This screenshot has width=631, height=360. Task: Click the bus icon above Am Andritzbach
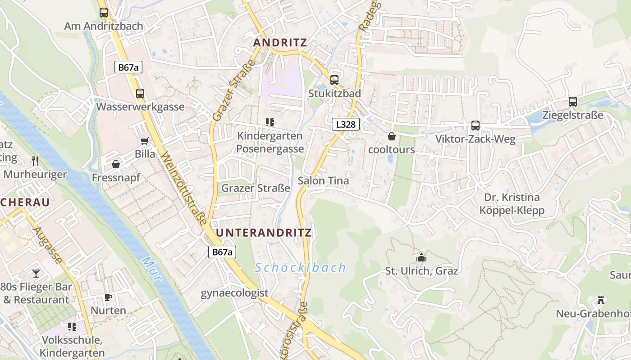tap(104, 13)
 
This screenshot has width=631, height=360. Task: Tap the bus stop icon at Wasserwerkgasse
tap(140, 94)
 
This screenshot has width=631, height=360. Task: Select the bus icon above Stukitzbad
tap(334, 80)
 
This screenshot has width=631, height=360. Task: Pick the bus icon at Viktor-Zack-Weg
tap(475, 126)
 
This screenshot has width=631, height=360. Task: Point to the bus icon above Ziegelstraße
tap(573, 102)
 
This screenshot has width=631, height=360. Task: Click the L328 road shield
tap(346, 124)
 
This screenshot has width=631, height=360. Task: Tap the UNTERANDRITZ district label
tap(264, 233)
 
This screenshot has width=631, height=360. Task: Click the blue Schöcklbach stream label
tap(300, 268)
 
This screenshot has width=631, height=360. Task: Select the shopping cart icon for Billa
tap(145, 141)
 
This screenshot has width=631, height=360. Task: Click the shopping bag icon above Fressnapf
tap(116, 164)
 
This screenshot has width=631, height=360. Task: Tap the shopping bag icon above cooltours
tap(392, 136)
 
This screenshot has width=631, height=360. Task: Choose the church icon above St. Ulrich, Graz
tap(421, 257)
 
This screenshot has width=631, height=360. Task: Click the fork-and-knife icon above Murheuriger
tap(35, 161)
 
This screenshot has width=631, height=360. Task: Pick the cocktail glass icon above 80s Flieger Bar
tap(36, 273)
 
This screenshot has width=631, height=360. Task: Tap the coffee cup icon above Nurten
tap(108, 297)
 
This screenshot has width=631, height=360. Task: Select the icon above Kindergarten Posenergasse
tap(270, 122)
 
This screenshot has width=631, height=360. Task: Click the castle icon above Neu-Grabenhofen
tap(600, 300)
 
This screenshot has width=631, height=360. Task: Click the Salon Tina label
tap(323, 181)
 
